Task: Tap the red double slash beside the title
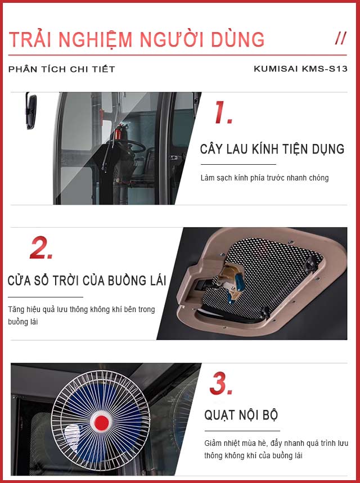[x=341, y=38]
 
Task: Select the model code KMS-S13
[x=325, y=69]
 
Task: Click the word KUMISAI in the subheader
[x=276, y=69]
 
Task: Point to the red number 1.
[x=223, y=112]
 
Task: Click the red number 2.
[x=41, y=247]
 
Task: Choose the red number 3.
[x=221, y=383]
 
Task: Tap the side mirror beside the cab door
[x=31, y=110]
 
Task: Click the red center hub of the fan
[x=101, y=423]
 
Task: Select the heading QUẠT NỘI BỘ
[x=241, y=415]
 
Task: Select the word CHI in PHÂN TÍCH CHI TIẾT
[x=79, y=69]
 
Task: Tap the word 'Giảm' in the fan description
[x=213, y=444]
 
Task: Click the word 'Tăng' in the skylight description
[x=16, y=309]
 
